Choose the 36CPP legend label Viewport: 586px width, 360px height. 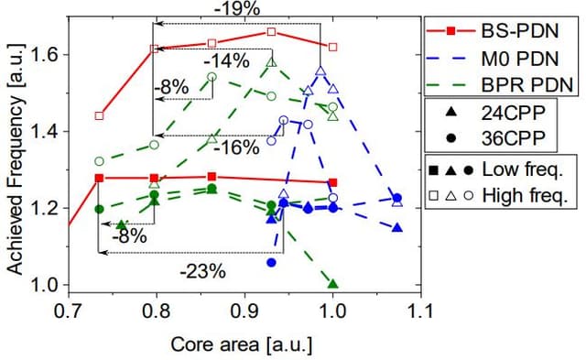(x=514, y=138)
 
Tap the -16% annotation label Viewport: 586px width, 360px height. (x=239, y=147)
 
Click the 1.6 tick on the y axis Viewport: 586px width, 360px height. (x=42, y=55)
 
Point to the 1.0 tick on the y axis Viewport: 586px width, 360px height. (x=42, y=285)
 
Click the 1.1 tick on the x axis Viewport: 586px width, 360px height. (x=419, y=311)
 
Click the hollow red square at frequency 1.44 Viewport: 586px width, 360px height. (x=99, y=116)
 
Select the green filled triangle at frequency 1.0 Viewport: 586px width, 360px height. (x=332, y=284)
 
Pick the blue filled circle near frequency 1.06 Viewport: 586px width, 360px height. (x=271, y=262)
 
